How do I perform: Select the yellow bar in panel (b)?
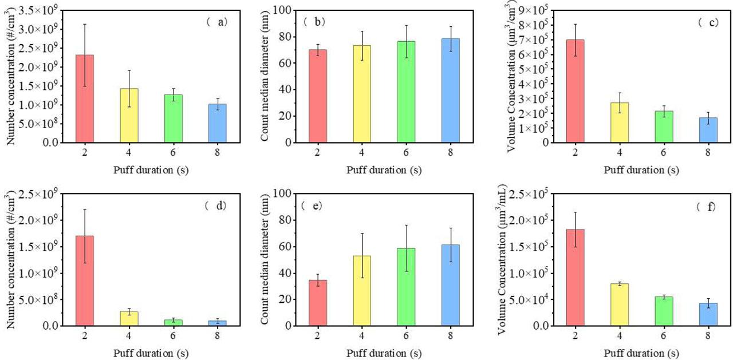pyautogui.click(x=362, y=94)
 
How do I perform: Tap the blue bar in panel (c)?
pyautogui.click(x=708, y=130)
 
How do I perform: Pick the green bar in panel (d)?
pyautogui.click(x=174, y=323)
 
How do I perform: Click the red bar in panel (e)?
pyautogui.click(x=318, y=303)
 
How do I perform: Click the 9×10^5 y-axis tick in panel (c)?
pyautogui.click(x=532, y=10)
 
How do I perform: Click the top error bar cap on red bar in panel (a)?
pyautogui.click(x=84, y=24)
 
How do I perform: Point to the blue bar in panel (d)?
pyautogui.click(x=217, y=323)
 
